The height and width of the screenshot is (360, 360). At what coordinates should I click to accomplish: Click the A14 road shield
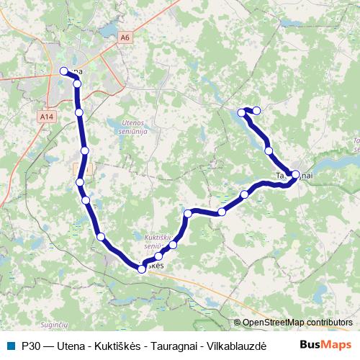pyautogui.click(x=47, y=116)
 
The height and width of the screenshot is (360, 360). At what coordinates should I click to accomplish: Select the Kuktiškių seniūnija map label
pyautogui.click(x=150, y=240)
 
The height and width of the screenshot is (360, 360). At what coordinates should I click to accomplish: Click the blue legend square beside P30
pyautogui.click(x=10, y=345)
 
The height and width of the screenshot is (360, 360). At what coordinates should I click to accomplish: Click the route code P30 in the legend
pyautogui.click(x=30, y=345)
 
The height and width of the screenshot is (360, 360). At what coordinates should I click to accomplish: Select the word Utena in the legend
pyautogui.click(x=71, y=345)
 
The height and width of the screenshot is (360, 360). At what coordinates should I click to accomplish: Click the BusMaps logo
pyautogui.click(x=326, y=344)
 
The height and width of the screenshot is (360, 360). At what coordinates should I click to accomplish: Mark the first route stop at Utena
pyautogui.click(x=63, y=71)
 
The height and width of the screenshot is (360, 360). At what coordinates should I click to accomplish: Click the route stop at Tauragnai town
pyautogui.click(x=295, y=174)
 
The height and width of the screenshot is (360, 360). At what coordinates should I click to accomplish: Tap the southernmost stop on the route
pyautogui.click(x=142, y=269)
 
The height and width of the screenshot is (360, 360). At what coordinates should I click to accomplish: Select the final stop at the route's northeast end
pyautogui.click(x=256, y=110)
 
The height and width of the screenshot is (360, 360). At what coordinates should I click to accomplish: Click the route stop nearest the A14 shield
pyautogui.click(x=79, y=112)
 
